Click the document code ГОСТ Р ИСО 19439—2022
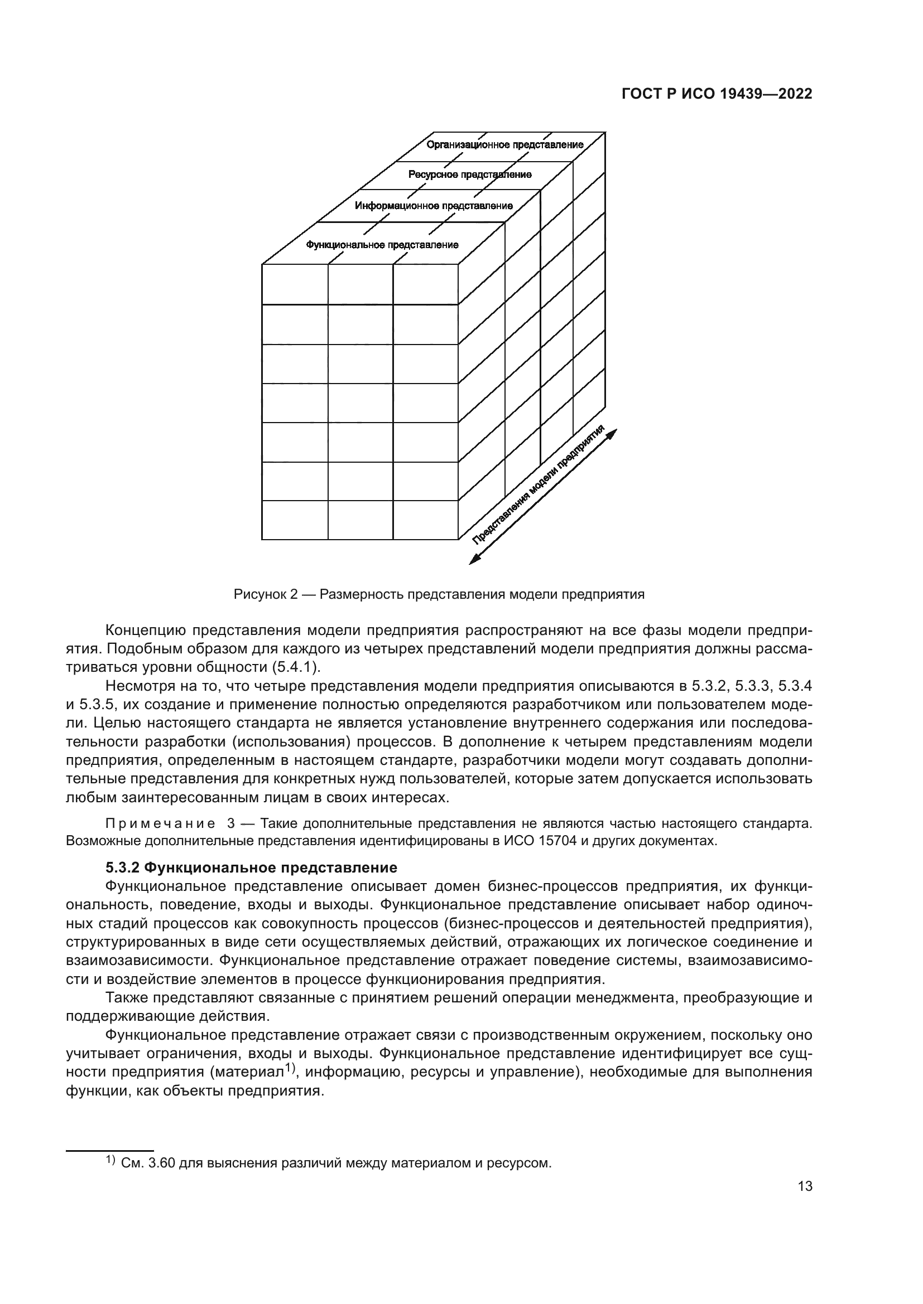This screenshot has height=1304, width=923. [717, 94]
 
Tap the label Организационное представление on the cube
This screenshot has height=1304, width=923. [504, 145]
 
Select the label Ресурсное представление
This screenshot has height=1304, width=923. [470, 175]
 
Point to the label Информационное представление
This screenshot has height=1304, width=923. [434, 206]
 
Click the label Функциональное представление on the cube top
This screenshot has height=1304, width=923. [382, 245]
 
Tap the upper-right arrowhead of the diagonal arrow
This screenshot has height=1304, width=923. [612, 433]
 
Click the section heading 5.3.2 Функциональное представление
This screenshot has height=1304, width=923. [251, 868]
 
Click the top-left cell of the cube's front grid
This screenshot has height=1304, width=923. [295, 284]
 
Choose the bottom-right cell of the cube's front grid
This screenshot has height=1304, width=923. [425, 520]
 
